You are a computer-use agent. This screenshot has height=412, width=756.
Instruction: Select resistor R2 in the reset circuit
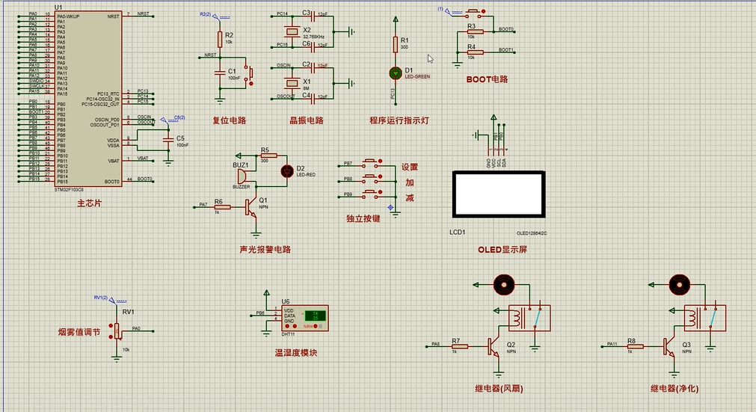220,38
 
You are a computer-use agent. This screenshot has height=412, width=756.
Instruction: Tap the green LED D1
396,73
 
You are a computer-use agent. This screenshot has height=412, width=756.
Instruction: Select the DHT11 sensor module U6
307,316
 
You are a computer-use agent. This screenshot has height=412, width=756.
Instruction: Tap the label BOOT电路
487,79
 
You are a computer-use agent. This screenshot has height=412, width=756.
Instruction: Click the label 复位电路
230,120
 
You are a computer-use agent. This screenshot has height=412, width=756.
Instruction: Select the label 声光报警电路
265,250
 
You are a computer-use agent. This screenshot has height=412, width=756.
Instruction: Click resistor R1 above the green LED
396,45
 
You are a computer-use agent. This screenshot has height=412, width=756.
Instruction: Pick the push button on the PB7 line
371,162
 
